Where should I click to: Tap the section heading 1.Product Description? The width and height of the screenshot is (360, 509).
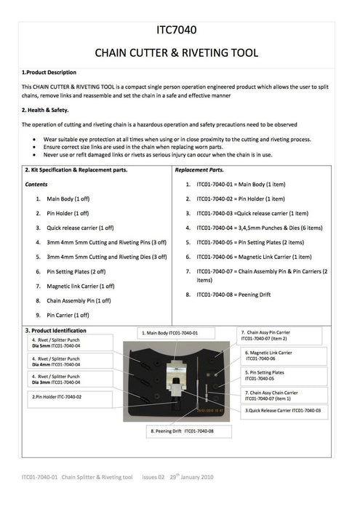49,73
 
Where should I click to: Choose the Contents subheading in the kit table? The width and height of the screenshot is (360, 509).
36,185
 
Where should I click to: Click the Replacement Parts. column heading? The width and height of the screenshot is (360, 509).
200,169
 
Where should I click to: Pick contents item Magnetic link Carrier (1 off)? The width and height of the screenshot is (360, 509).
81,286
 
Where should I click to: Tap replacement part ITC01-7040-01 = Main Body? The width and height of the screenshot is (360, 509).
240,185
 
